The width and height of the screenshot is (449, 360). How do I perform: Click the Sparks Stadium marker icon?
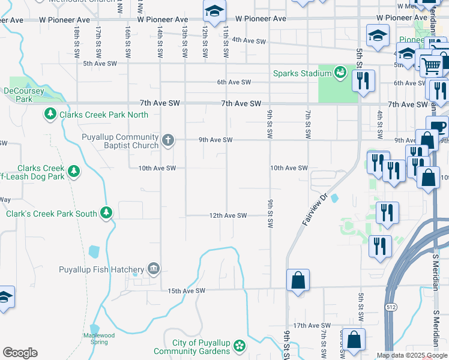[x=341, y=73]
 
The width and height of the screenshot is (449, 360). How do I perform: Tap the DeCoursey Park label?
[x=24, y=95]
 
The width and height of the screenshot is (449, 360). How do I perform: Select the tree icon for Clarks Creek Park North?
[x=50, y=113]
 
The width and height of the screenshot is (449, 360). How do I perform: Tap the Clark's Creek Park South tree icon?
[x=106, y=212]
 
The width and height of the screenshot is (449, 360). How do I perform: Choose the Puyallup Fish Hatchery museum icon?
[x=154, y=268]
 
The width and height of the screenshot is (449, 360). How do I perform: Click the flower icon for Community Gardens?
[x=240, y=346]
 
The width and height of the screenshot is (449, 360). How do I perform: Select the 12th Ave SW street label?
[x=228, y=215]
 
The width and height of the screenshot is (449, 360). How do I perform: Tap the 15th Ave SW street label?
[x=186, y=291]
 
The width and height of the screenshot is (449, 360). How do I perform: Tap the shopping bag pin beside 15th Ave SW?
[x=298, y=280]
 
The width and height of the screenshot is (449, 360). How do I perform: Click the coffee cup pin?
[x=436, y=127]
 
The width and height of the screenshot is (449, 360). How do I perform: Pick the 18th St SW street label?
[x=77, y=41]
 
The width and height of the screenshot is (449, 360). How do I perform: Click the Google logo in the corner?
[x=19, y=353]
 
